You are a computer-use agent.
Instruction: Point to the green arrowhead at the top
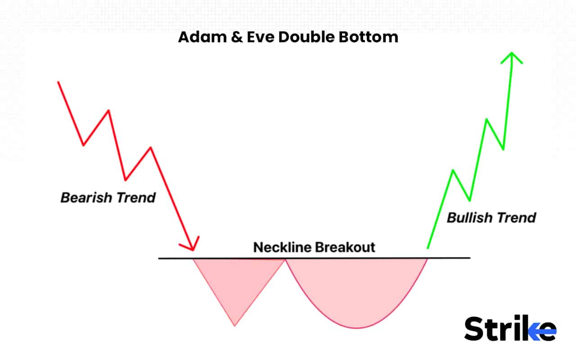click(x=512, y=55)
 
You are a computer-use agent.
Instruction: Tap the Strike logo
click(x=510, y=328)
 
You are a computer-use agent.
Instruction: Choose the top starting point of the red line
click(x=58, y=82)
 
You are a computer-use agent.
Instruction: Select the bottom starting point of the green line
click(x=427, y=248)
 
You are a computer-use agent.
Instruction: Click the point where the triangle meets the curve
click(x=285, y=259)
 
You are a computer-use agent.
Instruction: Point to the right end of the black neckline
click(x=470, y=258)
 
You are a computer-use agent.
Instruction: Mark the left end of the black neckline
click(x=159, y=258)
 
